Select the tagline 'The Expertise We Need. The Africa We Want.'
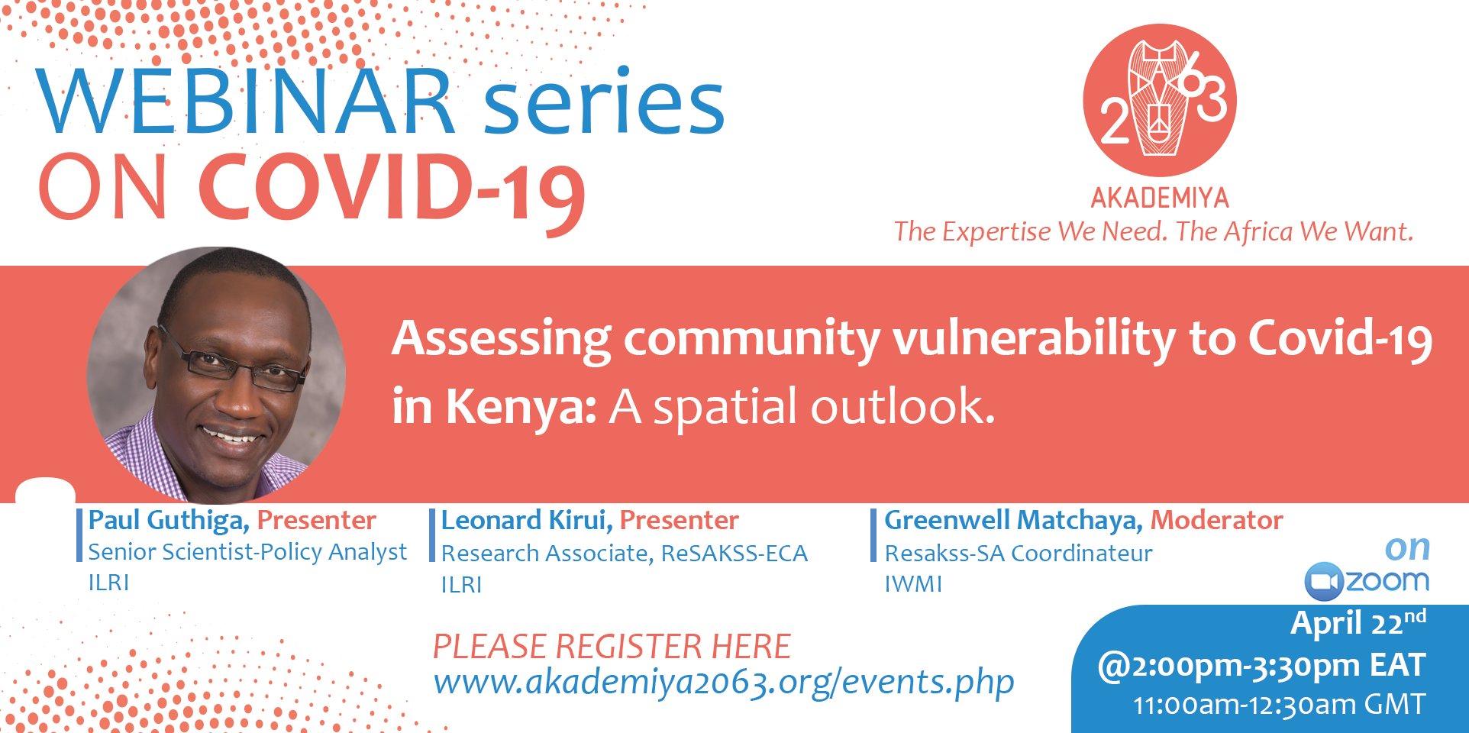pyautogui.click(x=1154, y=231)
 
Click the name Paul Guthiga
pyautogui.click(x=169, y=521)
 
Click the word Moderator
pyautogui.click(x=1217, y=521)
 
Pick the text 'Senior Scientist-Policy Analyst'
pyautogui.click(x=247, y=552)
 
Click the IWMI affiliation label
pyautogui.click(x=913, y=584)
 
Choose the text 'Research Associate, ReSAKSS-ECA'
pyautogui.click(x=624, y=554)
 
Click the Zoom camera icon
pyautogui.click(x=1323, y=582)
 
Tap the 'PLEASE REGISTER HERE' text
pyautogui.click(x=612, y=647)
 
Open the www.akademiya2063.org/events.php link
pyautogui.click(x=724, y=682)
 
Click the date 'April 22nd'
pyautogui.click(x=1358, y=623)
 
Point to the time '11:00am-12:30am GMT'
pyautogui.click(x=1279, y=705)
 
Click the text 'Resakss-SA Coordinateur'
pyautogui.click(x=1019, y=554)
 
